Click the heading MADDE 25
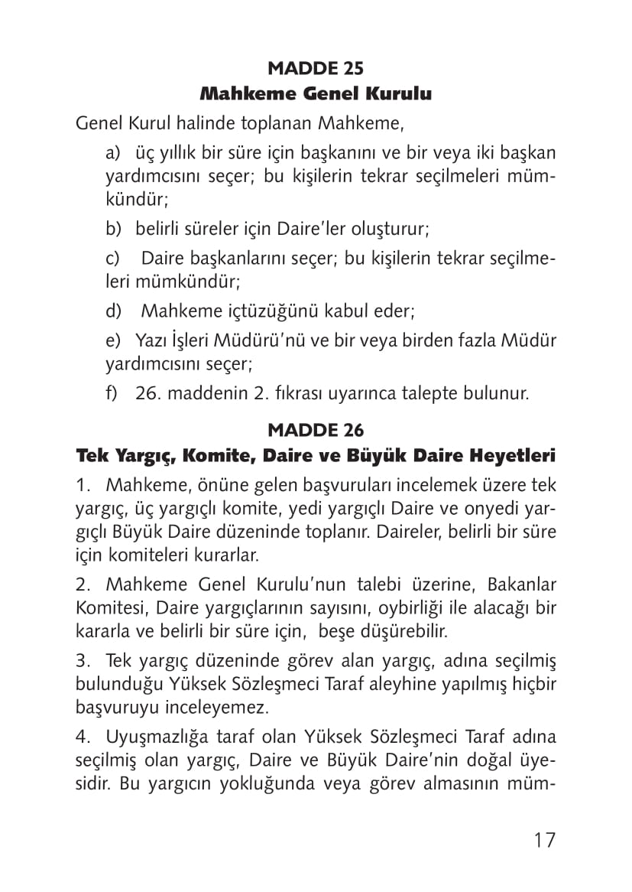(x=316, y=68)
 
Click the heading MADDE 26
(x=316, y=429)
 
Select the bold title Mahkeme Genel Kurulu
(x=316, y=95)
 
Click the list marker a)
(x=113, y=154)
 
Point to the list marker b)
(x=113, y=229)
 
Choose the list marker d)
(x=113, y=311)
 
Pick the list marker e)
(x=113, y=340)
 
